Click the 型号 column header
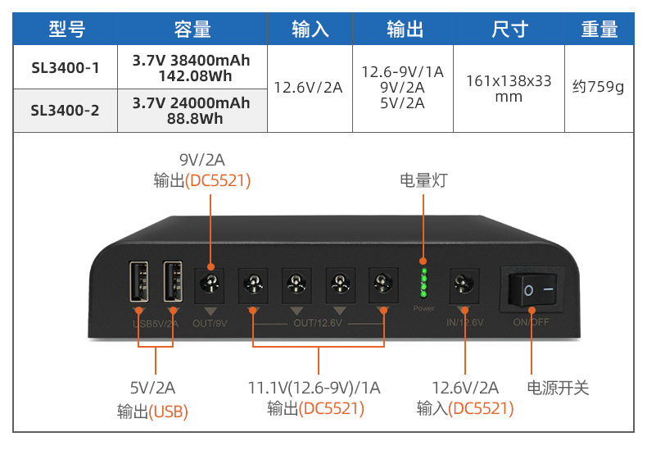66,30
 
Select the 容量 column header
192,30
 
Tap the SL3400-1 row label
66,68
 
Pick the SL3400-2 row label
66,110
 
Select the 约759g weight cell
598,86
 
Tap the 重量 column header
599,30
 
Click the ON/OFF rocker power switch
532,290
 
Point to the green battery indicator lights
424,281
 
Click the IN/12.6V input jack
465,286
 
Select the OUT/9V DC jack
210,286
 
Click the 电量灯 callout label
423,180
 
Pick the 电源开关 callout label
558,388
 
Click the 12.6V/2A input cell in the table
308,87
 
